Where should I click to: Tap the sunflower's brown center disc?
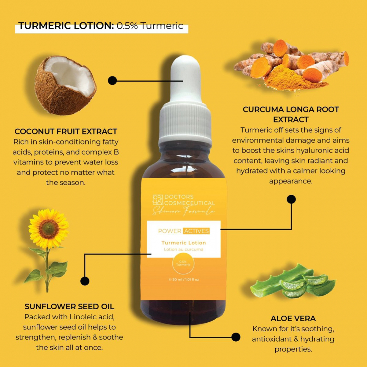point(49,229)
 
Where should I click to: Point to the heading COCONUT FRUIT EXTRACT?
point(66,131)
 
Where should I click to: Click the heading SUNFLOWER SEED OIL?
point(69,307)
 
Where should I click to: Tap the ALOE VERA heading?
point(293,319)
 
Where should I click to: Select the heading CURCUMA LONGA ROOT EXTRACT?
point(291,114)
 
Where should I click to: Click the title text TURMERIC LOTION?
point(66,26)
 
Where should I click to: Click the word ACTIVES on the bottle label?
point(197,231)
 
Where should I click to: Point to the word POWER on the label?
point(169,231)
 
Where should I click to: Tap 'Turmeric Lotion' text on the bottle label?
point(183,243)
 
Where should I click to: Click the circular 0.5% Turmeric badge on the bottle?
point(183,264)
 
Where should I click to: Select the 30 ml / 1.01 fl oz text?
point(184,280)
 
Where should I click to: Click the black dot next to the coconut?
point(112,80)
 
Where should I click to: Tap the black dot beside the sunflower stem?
point(85,281)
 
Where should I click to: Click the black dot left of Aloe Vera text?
point(236,337)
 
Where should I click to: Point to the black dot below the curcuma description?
point(291,199)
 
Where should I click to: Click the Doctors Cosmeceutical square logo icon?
point(157,200)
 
